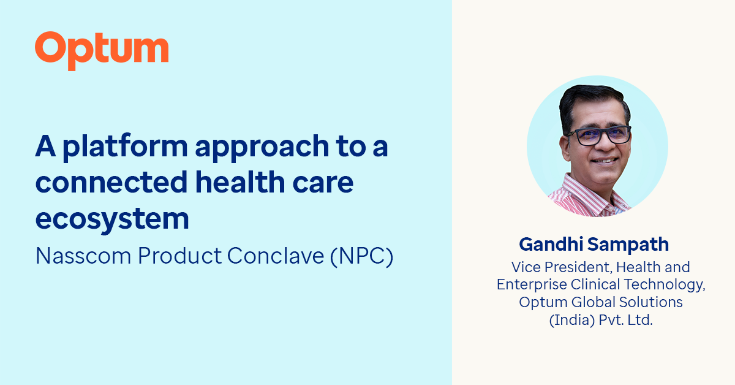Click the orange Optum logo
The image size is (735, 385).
pos(102,50)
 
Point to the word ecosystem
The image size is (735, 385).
pos(112,219)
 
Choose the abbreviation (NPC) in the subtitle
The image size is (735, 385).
pos(361,256)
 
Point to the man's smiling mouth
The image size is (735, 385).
pos(604,161)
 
